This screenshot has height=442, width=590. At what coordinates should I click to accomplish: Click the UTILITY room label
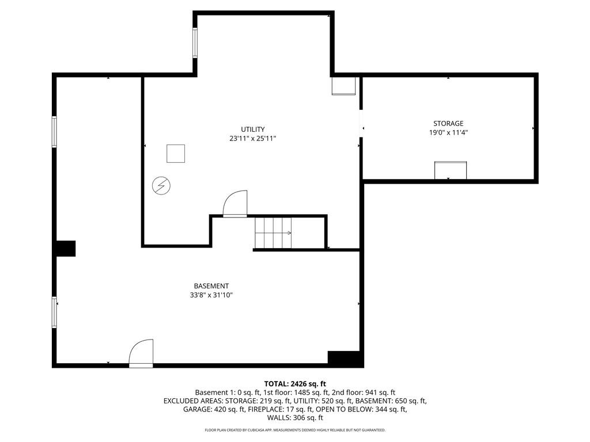tap(253, 129)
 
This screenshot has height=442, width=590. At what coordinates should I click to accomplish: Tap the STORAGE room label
tap(448, 123)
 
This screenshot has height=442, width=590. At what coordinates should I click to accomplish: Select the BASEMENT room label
tap(211, 286)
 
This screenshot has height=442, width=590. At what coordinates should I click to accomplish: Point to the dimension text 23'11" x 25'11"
tap(253, 138)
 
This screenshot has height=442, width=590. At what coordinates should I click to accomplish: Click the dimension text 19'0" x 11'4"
tap(448, 132)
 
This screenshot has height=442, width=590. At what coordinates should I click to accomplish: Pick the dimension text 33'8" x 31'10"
tap(211, 295)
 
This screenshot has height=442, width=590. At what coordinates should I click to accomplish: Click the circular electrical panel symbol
tap(161, 186)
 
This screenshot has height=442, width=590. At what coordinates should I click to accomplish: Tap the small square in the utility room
tap(176, 154)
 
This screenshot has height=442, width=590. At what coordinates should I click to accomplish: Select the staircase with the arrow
tap(273, 233)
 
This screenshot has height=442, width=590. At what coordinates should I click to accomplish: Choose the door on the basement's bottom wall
tap(141, 353)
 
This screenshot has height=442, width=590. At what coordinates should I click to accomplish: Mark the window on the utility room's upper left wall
tap(195, 43)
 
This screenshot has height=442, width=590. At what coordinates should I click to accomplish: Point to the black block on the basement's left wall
tap(66, 249)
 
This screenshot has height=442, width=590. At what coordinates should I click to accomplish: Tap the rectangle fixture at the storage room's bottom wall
tap(451, 170)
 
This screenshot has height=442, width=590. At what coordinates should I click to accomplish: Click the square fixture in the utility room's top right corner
tap(343, 86)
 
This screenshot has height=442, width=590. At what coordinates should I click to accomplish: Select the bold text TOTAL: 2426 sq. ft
tap(295, 384)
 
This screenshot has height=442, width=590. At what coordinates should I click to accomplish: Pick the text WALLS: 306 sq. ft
tap(295, 418)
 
